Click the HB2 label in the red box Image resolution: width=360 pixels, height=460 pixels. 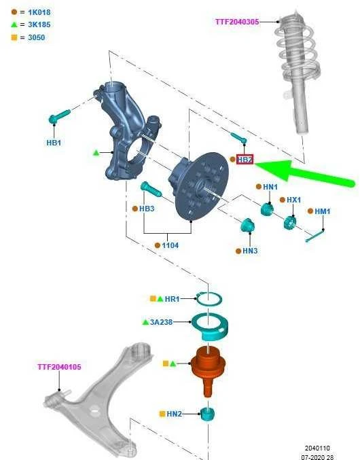coord(245,160)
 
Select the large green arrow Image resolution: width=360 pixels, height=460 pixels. coord(305,173)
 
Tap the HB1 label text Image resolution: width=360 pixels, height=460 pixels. coord(54,143)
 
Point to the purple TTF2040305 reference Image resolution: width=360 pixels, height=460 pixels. coord(237,22)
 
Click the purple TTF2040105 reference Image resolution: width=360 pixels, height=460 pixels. coord(59,367)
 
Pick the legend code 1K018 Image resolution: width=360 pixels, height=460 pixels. coord(39,12)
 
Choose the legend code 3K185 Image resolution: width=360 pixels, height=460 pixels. coord(39,24)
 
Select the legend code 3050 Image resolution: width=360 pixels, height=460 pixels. coord(37,37)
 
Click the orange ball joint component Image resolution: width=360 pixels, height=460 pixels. coord(208,370)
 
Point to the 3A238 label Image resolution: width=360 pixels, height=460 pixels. coord(161,322)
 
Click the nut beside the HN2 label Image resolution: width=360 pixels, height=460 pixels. coord(208,414)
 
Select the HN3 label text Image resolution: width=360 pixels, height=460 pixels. coord(250,251)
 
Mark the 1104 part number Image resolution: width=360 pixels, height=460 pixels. coord(170,245)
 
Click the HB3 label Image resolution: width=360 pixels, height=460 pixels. coord(147,209)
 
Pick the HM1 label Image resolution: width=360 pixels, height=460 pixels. coord(323,211)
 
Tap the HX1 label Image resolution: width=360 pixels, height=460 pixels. coord(293,200)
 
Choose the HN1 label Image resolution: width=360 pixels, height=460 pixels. coord(270,187)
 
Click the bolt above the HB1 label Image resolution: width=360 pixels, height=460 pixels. coord(60,116)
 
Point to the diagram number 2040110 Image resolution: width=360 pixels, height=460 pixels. coord(317,448)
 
